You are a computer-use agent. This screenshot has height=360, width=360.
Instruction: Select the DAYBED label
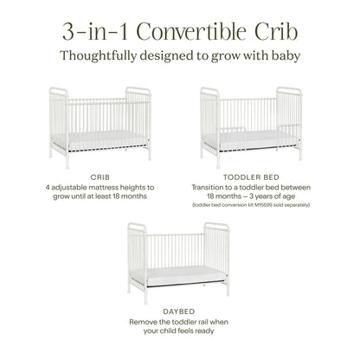[x=180, y=311]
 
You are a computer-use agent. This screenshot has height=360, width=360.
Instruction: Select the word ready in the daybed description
[x=213, y=331]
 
